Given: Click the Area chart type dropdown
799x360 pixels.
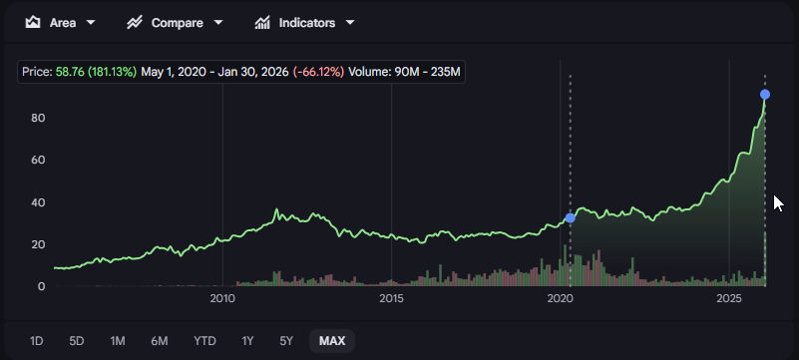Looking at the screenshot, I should point(61,22).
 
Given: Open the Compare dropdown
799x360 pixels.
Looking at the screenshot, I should point(175,22).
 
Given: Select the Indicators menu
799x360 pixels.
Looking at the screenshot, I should point(304,22).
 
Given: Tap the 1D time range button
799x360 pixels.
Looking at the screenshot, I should point(37,341).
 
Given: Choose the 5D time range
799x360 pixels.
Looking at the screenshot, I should point(77,341).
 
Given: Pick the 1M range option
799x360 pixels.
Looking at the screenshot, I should point(118,341).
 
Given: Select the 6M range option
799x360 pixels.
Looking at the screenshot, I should point(160,341).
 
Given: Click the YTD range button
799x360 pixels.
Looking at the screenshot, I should point(204,341).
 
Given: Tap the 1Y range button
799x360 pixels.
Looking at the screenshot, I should point(248,341).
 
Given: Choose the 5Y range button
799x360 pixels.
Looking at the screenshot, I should point(286,341).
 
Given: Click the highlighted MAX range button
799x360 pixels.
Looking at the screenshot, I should point(332,341).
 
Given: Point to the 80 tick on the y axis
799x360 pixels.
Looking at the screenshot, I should point(40,118).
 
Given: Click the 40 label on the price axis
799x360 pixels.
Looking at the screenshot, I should point(40,202).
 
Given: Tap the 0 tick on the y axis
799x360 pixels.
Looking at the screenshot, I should point(42,286).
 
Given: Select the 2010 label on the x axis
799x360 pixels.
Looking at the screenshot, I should point(222,298).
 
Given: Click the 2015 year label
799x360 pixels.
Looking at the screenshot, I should point(391,298).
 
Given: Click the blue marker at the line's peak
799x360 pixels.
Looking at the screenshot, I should point(765,95).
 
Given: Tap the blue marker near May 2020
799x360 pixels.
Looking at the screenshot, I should point(571,217).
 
